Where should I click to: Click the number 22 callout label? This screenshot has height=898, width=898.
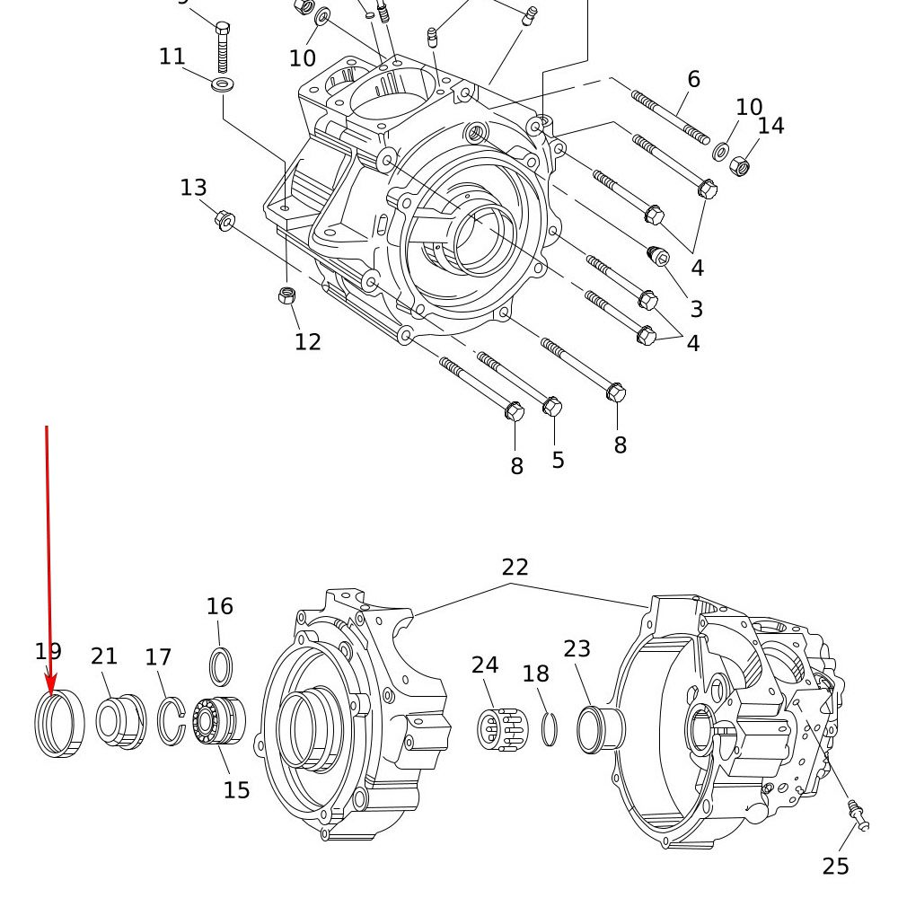point(515,568)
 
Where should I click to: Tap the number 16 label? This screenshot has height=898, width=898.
point(220,607)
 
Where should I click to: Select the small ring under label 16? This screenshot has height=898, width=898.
point(221,667)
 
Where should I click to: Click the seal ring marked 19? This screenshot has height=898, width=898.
point(59,725)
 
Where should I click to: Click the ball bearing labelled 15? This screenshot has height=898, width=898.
point(218,721)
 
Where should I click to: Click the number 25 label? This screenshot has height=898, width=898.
point(835,867)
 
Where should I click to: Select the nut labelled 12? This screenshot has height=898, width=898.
point(288,295)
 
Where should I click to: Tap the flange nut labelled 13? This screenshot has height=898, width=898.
point(225,219)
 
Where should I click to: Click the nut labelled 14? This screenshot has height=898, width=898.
point(740,165)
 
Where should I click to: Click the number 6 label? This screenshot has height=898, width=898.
point(693,79)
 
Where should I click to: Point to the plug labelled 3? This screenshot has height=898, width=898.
point(659,257)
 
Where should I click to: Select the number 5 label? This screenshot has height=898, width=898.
point(559,460)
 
